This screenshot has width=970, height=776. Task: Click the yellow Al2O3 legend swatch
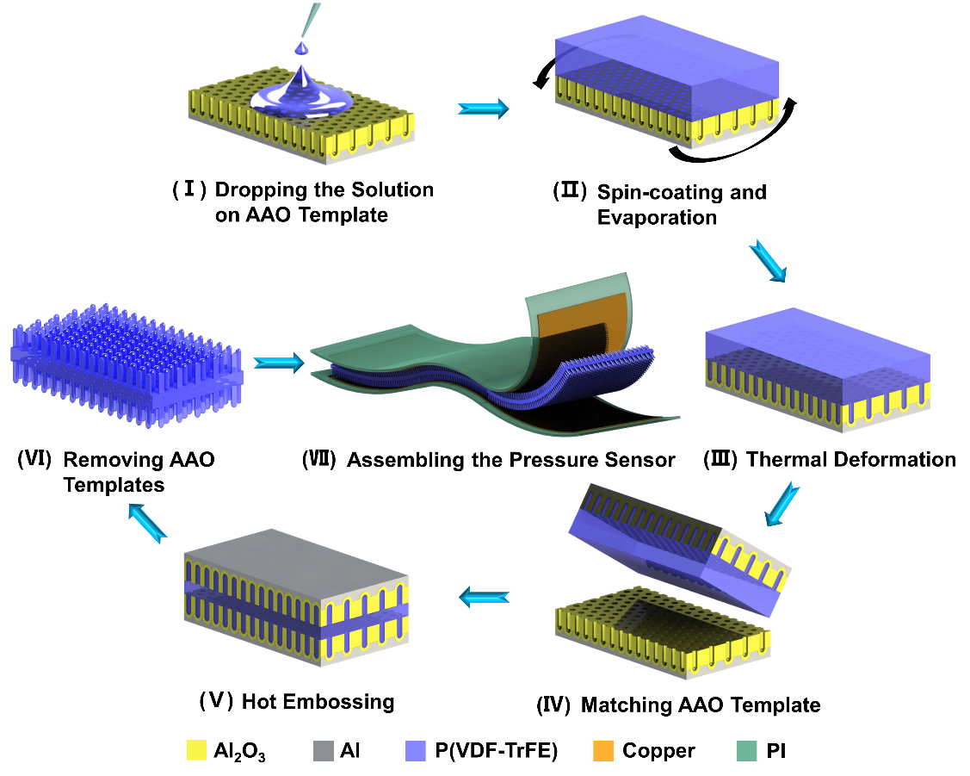198,749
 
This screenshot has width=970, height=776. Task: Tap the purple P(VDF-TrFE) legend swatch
416,749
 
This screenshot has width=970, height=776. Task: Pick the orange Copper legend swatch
604,749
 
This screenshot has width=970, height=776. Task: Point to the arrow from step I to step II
483,109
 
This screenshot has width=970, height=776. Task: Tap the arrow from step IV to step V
483,595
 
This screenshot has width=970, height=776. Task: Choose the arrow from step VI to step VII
281,363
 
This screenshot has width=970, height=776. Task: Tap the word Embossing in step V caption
344,701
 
